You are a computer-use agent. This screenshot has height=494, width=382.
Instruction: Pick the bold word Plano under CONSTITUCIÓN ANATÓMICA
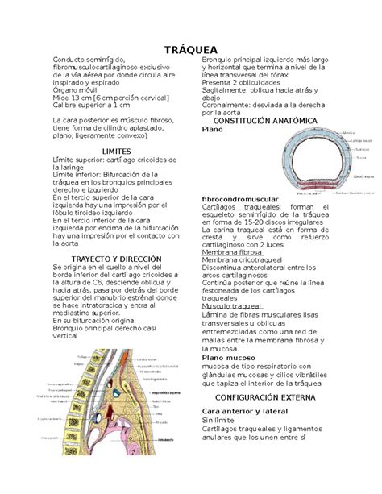coord(211,130)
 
